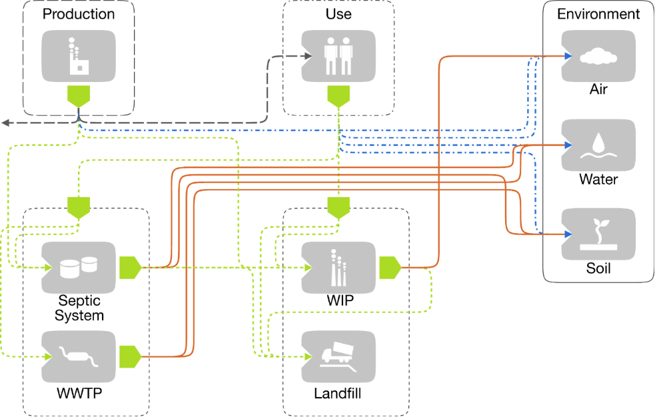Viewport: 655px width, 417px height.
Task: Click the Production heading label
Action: point(79,14)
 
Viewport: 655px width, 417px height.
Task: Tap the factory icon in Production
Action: point(79,56)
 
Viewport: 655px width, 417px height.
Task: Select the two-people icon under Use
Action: point(338,56)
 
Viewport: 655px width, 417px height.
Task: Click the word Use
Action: point(338,14)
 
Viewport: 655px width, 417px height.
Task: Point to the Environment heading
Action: point(598,14)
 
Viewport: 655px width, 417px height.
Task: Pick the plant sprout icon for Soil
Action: point(598,233)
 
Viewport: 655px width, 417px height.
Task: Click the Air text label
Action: point(598,89)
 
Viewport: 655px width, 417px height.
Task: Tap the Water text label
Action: point(598,179)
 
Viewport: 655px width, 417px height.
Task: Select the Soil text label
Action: point(598,269)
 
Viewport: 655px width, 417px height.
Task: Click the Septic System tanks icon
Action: point(78,266)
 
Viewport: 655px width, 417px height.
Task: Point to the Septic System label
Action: point(79,308)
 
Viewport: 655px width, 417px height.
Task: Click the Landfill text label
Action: point(338,394)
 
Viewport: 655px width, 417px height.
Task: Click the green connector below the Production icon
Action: point(79,97)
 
